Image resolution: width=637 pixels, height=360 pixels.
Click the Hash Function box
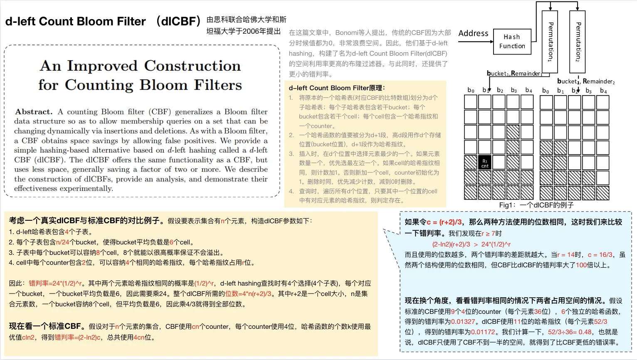tap(512, 42)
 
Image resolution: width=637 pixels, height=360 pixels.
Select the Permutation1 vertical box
tap(550, 42)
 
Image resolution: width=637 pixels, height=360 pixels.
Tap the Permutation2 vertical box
tap(577, 42)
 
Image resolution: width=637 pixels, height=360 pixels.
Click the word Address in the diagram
tap(473, 33)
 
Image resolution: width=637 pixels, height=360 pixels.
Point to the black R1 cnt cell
tap(485, 163)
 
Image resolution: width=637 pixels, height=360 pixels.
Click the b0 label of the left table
tap(471, 90)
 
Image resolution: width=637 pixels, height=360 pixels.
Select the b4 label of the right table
tap(603, 91)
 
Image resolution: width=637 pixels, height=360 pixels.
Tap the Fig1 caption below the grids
tap(536, 205)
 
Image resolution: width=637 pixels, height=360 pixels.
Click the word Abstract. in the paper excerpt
tap(34, 112)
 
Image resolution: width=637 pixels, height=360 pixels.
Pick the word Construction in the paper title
tap(192, 66)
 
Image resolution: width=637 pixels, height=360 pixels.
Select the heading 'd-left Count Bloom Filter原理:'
tap(337, 88)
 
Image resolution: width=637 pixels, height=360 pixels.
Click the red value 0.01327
tap(463, 322)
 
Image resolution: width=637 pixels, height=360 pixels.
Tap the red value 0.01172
tap(483, 332)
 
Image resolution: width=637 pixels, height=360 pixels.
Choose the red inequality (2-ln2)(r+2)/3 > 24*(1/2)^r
tap(471, 244)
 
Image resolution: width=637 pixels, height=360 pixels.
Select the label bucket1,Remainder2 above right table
tap(586, 81)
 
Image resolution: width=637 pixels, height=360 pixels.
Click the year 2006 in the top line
tap(250, 32)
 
